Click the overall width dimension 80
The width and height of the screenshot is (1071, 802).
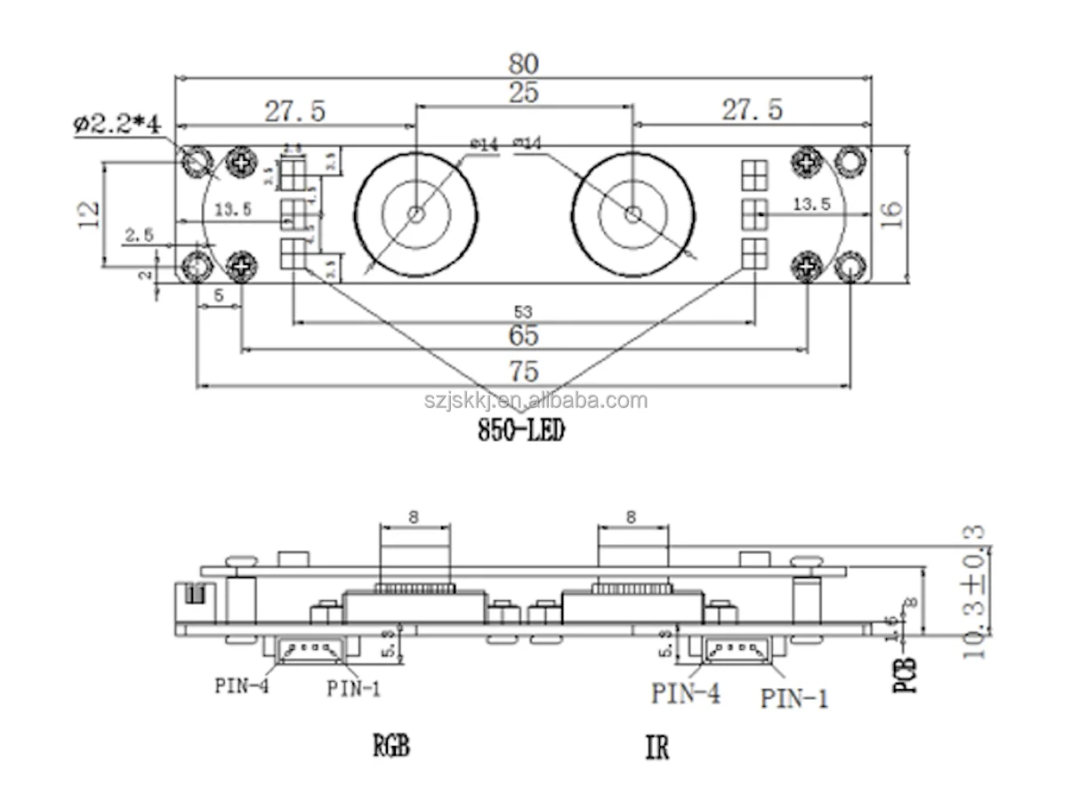pos(524,64)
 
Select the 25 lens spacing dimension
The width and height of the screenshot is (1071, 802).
pos(524,92)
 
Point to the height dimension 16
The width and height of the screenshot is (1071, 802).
pos(893,213)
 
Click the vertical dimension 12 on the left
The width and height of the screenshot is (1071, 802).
pos(87,213)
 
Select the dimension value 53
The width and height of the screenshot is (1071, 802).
pos(525,311)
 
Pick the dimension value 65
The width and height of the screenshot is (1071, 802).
pos(525,336)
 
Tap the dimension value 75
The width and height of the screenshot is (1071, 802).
pos(525,371)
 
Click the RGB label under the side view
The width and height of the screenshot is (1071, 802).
pos(392,745)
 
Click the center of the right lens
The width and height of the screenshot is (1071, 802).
pos(632,214)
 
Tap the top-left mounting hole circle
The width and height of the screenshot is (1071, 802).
pos(196,161)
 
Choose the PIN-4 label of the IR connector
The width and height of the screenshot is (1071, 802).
pos(685,693)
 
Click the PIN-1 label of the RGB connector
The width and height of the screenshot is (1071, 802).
pos(356,687)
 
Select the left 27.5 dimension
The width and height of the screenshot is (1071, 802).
pos(294,110)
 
